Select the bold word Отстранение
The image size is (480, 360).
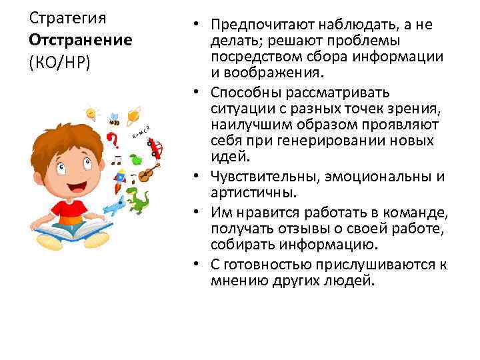click(81, 39)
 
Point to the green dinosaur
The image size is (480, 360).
click(138, 200)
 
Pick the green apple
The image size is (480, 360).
click(136, 159)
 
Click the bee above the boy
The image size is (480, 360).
click(114, 119)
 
